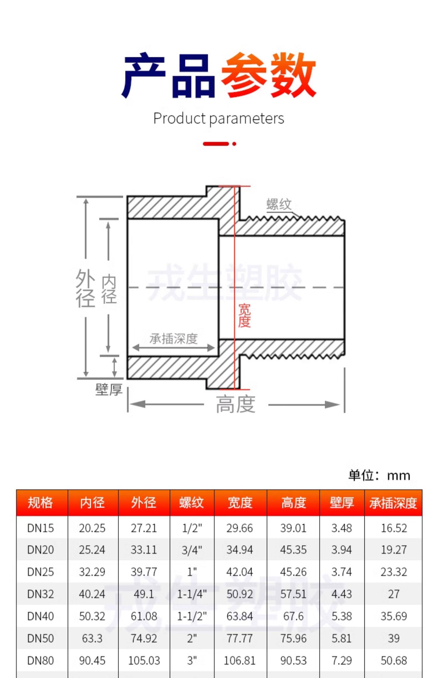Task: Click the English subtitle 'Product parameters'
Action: tap(219, 119)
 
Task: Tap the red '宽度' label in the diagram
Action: tap(244, 315)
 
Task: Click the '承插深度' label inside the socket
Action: tap(174, 339)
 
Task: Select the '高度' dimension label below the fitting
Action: tap(236, 404)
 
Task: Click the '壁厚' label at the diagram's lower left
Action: tap(109, 390)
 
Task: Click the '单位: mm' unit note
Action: tap(379, 476)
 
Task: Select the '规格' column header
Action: tap(41, 503)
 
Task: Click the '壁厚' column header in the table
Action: tap(342, 503)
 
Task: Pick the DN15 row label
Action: tap(41, 528)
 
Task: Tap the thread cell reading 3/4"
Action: tap(192, 550)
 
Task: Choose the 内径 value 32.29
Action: tap(92, 572)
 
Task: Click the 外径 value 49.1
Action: tap(144, 594)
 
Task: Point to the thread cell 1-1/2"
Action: tap(192, 616)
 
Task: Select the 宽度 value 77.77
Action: tap(240, 639)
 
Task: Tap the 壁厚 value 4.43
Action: tap(342, 594)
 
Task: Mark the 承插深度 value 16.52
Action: tap(394, 528)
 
